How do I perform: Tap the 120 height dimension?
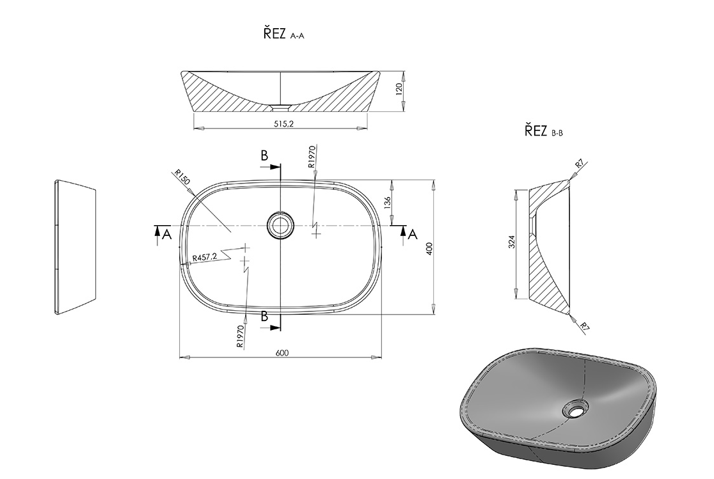point(399,90)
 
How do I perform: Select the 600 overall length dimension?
point(282,353)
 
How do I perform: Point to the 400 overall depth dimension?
point(429,249)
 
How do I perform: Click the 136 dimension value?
point(388,203)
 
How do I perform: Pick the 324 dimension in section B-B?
point(511,242)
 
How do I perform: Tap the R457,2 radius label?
point(205,257)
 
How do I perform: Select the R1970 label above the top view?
point(312,157)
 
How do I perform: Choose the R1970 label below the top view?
point(241,336)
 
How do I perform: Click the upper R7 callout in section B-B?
point(580,164)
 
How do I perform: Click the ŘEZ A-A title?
point(283,34)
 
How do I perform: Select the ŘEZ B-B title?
point(544,131)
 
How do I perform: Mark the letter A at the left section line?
point(167,235)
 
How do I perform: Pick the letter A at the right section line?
point(413,235)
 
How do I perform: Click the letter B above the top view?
point(265,155)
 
